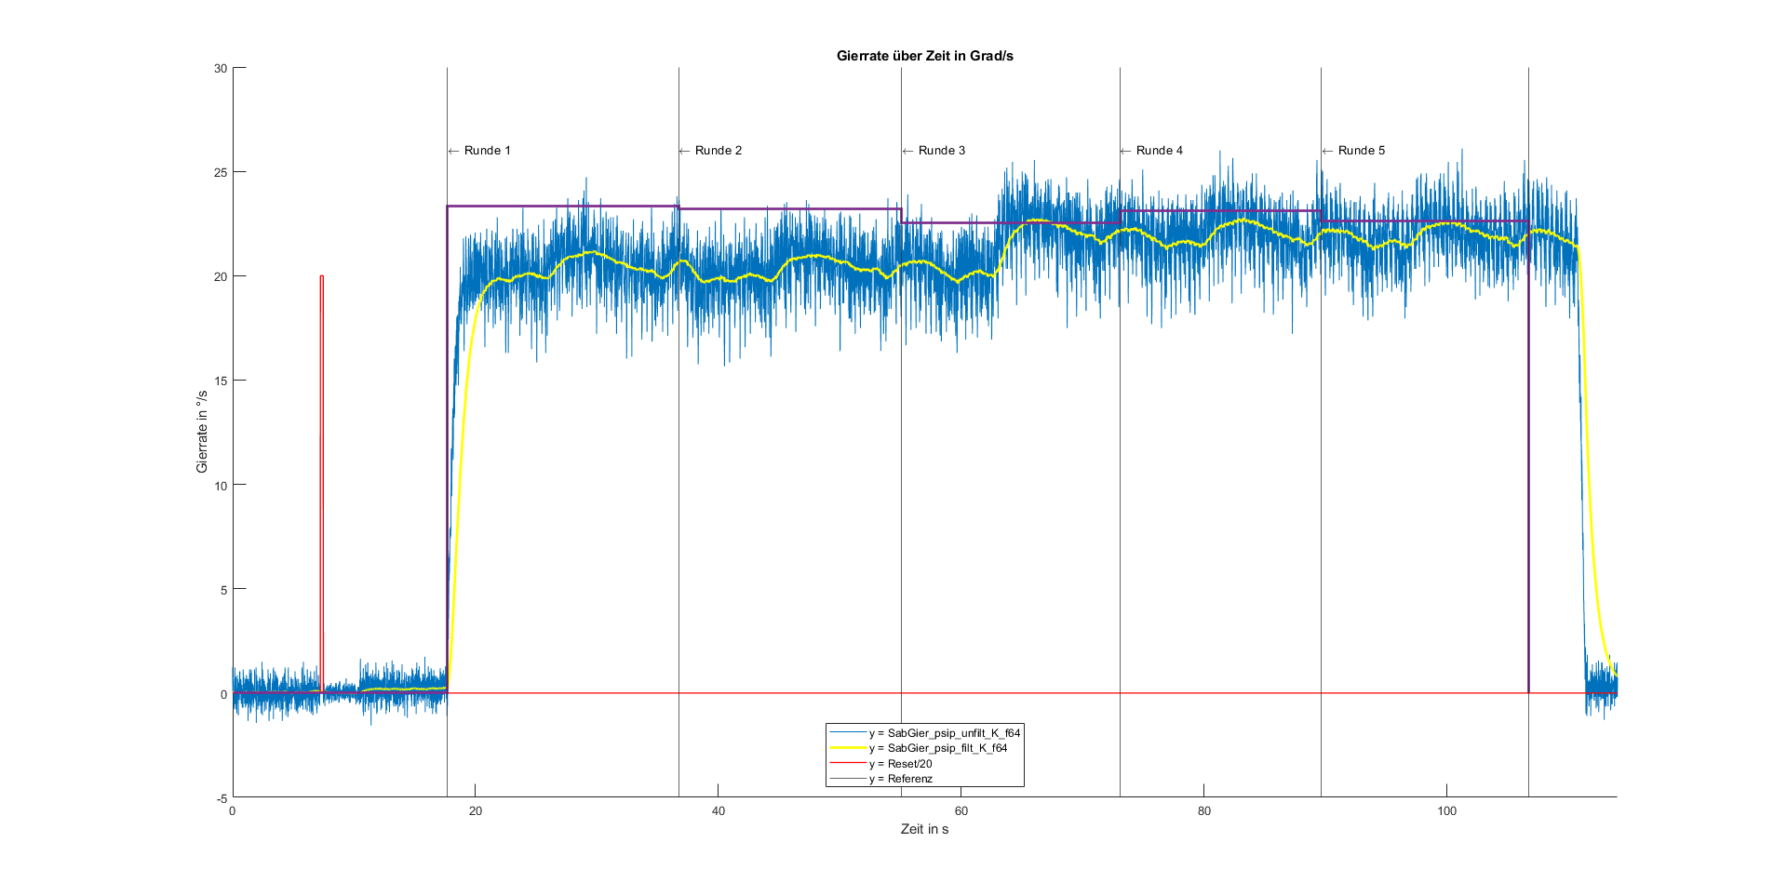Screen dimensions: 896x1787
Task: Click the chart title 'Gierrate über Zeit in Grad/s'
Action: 924,56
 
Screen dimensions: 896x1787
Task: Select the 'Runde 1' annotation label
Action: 487,151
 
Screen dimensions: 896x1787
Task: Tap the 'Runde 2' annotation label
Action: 718,151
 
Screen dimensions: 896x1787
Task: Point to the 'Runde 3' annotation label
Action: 941,151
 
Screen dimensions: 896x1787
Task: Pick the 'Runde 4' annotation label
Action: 1159,151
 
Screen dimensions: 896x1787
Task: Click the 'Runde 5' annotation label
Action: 1361,151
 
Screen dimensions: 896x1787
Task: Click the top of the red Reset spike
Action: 322,276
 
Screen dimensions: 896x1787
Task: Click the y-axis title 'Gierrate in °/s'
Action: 202,432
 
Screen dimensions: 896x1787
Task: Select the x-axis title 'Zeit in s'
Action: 924,829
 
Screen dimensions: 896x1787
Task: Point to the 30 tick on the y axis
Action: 221,68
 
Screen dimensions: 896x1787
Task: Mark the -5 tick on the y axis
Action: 222,798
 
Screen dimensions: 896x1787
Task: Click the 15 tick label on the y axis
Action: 221,381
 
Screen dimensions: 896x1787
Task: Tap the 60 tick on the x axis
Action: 961,810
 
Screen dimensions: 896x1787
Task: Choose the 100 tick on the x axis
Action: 1446,810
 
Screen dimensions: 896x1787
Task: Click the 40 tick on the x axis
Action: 719,810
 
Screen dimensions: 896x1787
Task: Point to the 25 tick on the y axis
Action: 221,172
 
